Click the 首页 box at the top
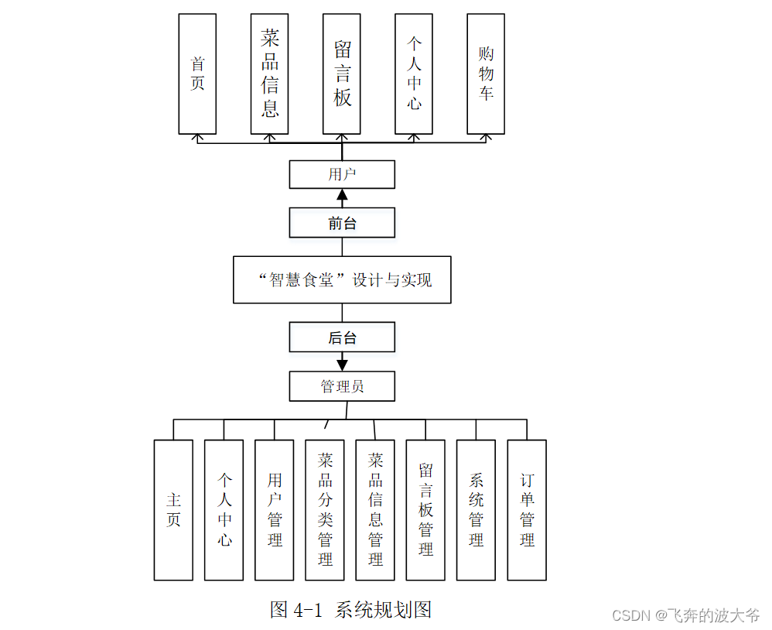coord(197,74)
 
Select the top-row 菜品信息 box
coord(269,74)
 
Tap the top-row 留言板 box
coord(342,74)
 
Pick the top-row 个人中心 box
coord(414,74)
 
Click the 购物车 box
coord(486,74)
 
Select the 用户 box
coord(342,174)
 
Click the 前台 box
coord(342,223)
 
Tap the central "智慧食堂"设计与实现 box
coord(342,279)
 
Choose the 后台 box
coord(342,337)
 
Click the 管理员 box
coord(342,386)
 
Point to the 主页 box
coord(173,510)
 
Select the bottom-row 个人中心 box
coord(224,510)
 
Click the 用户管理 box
coord(275,510)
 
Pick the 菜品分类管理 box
coord(325,510)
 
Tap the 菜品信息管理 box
coord(375,510)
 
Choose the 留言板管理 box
coord(425,510)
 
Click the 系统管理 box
coord(476,510)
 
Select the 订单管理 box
coord(527,510)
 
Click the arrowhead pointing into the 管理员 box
coord(342,364)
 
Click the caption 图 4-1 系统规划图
coord(350,610)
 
